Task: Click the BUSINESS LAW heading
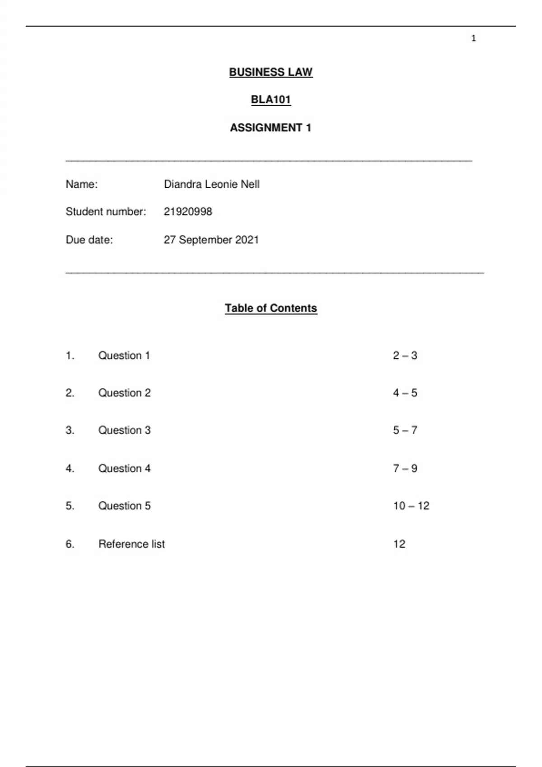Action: click(x=271, y=72)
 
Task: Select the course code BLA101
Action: click(x=271, y=100)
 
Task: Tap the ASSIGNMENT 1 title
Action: click(x=271, y=128)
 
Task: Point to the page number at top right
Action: click(x=473, y=38)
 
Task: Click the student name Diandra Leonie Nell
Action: click(x=211, y=184)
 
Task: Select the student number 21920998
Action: click(x=187, y=212)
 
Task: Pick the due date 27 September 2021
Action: click(x=211, y=240)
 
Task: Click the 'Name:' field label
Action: click(x=81, y=184)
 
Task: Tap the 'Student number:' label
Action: click(x=106, y=212)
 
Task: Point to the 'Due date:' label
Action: click(x=89, y=240)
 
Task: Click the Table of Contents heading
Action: click(x=271, y=308)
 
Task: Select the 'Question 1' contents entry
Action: click(x=124, y=356)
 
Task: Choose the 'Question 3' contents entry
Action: click(x=124, y=430)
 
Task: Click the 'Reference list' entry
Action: click(x=131, y=544)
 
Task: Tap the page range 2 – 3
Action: click(x=405, y=356)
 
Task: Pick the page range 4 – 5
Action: click(x=405, y=393)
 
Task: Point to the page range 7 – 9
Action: click(x=405, y=468)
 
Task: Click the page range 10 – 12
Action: click(x=411, y=506)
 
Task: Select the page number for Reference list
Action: click(x=399, y=544)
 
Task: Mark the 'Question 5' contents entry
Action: click(x=124, y=506)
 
